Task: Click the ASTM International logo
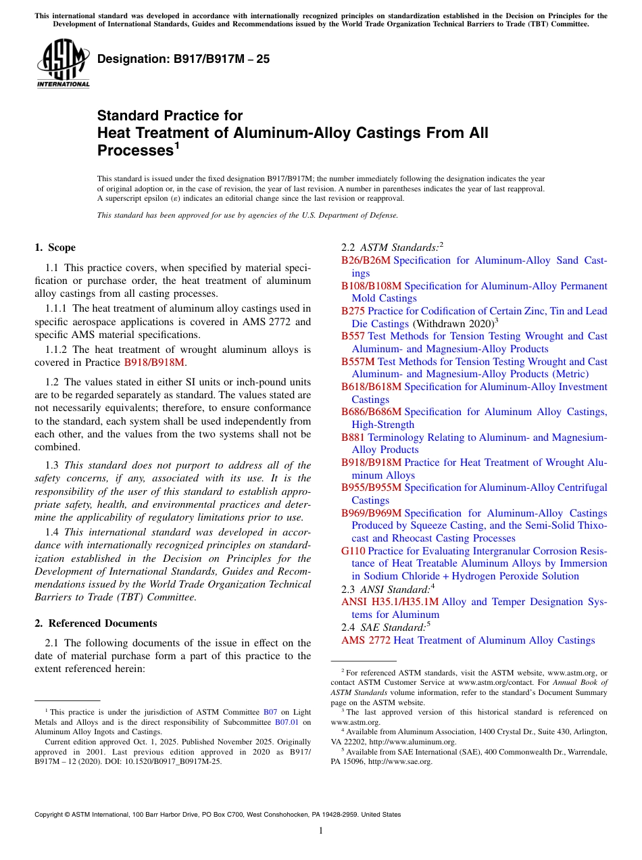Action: (63, 63)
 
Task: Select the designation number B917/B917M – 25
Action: (183, 59)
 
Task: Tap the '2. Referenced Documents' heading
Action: (96, 623)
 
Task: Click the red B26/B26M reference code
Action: (366, 260)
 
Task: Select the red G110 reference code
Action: (353, 551)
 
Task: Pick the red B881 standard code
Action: (353, 437)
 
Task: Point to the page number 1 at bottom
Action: (321, 831)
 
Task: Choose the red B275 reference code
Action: (353, 311)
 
